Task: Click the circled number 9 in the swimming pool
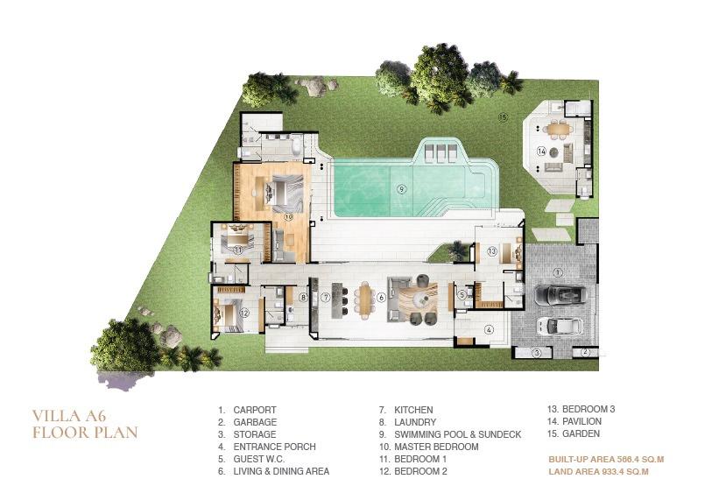point(401,189)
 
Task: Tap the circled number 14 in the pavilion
point(542,151)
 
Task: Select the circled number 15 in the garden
point(503,117)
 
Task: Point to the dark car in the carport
point(560,294)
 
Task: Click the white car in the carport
point(559,326)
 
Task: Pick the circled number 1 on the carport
point(558,272)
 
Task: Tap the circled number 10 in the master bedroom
point(289,216)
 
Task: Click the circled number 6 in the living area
point(381,298)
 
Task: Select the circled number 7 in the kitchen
point(326,298)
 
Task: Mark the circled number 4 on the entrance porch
point(489,330)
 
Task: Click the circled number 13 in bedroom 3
point(491,251)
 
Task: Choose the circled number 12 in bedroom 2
point(244,313)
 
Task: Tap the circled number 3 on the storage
point(537,353)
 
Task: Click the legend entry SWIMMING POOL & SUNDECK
point(457,434)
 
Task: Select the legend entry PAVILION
point(582,422)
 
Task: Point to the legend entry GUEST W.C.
point(259,459)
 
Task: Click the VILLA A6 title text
point(69,416)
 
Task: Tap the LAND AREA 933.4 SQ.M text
point(598,472)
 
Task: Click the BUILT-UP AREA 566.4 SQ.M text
point(606,460)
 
